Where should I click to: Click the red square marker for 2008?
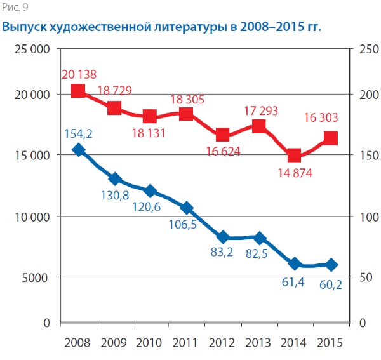coord(78,91)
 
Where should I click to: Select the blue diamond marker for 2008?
coord(78,150)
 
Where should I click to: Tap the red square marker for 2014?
coord(295,156)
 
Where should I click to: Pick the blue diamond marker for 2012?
coord(223,237)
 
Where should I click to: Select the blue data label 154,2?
coord(78,133)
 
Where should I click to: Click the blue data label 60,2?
coord(330,284)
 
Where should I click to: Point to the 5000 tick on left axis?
coord(37,277)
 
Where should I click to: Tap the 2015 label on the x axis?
coord(331,342)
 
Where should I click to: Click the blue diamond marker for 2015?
coord(331,265)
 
